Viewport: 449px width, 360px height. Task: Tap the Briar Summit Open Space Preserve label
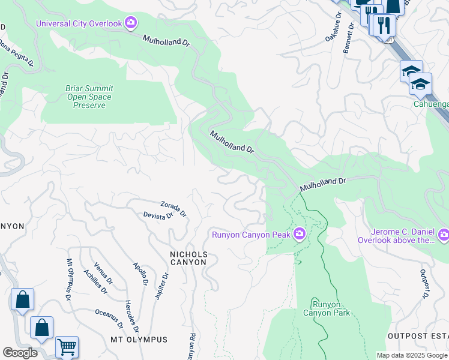89,97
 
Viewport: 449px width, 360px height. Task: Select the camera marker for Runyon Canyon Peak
299,235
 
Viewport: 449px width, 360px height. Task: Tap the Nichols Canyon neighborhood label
189,259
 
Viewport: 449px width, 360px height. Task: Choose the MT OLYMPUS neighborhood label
139,340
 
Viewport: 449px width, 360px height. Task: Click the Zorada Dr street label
173,209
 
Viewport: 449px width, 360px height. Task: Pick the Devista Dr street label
158,215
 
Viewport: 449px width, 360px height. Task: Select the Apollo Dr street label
140,274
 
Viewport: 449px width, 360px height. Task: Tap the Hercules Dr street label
132,316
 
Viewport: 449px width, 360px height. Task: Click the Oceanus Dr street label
109,319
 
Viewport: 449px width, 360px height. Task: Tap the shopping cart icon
67,347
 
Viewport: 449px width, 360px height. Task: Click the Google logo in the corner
20,353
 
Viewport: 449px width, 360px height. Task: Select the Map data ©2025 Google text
411,355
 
